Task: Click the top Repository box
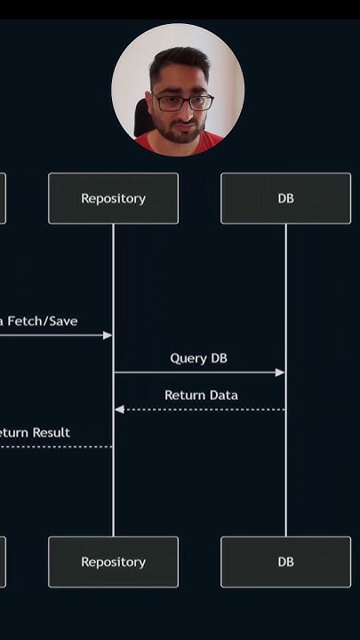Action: tap(113, 198)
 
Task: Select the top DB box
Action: tap(285, 198)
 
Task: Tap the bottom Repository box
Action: tap(113, 562)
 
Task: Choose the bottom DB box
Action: tap(285, 562)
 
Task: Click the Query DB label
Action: tap(199, 358)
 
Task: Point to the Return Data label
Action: tap(201, 395)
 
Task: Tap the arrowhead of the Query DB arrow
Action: tap(280, 372)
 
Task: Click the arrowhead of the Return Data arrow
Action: tap(119, 410)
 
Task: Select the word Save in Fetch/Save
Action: tap(63, 321)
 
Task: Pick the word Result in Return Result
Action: tap(52, 433)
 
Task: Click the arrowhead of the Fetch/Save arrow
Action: tap(108, 335)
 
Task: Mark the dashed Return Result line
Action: tap(53, 446)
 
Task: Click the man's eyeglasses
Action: tap(182, 102)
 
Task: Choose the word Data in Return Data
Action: tap(222, 395)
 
